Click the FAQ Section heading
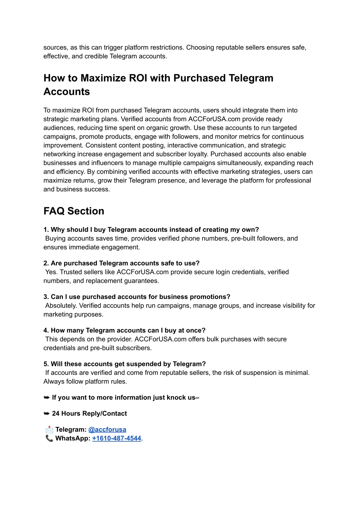pyautogui.click(x=74, y=211)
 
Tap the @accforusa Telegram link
pyautogui.click(x=107, y=429)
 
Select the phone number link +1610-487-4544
pyautogui.click(x=116, y=438)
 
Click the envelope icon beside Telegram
pyautogui.click(x=49, y=429)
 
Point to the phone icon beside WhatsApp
pyautogui.click(x=49, y=438)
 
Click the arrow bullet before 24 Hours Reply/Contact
pyautogui.click(x=46, y=413)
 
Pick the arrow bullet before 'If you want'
pyautogui.click(x=46, y=397)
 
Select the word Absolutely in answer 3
pyautogui.click(x=61, y=306)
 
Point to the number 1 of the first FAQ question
pyautogui.click(x=45, y=230)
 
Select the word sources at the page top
pyautogui.click(x=55, y=47)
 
